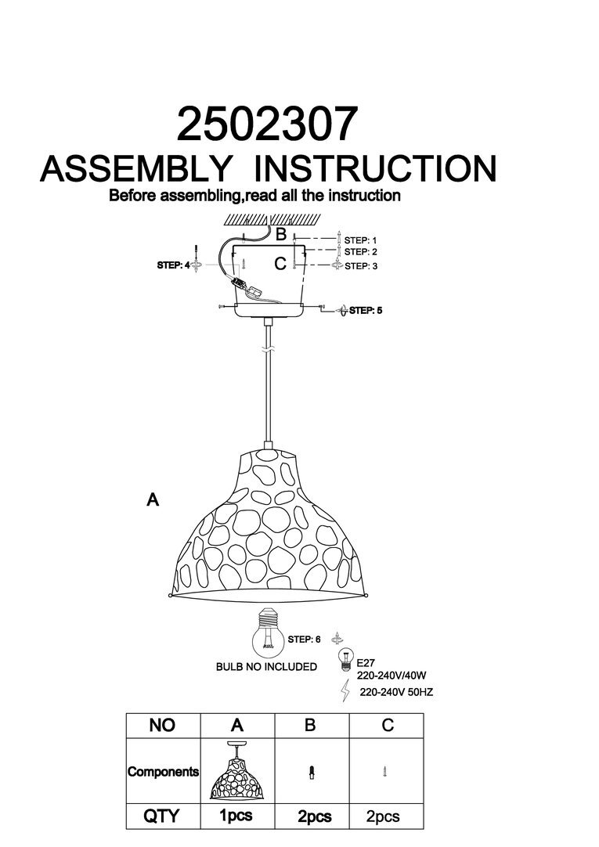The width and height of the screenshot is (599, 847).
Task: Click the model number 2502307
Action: (267, 124)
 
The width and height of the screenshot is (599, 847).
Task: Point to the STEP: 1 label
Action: (360, 240)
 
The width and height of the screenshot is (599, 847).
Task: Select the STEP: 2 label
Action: (360, 252)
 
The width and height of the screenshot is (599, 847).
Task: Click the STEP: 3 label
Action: (360, 266)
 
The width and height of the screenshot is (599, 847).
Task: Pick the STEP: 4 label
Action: (173, 265)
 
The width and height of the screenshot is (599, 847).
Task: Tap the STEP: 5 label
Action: (366, 311)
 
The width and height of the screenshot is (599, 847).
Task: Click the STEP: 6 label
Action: (304, 640)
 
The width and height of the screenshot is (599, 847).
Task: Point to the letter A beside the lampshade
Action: (153, 499)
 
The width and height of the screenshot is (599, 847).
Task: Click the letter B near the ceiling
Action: (281, 234)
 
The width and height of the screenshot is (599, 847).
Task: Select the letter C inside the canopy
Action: (280, 264)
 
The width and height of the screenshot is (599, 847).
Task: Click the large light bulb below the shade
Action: (268, 634)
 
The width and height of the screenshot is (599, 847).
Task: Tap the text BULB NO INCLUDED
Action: (266, 667)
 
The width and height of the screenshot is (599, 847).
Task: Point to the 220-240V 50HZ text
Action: (396, 692)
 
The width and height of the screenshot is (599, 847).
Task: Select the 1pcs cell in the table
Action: (236, 816)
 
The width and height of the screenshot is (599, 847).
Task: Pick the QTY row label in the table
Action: (162, 816)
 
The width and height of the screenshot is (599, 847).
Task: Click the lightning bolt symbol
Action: (345, 690)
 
